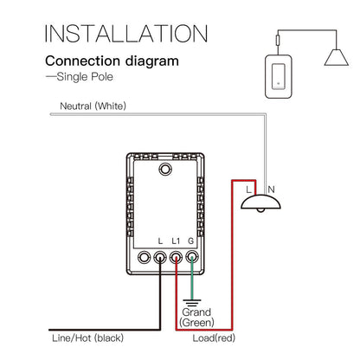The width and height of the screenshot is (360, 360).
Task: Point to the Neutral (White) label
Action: click(x=92, y=106)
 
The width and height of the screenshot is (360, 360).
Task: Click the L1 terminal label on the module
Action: click(x=176, y=240)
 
